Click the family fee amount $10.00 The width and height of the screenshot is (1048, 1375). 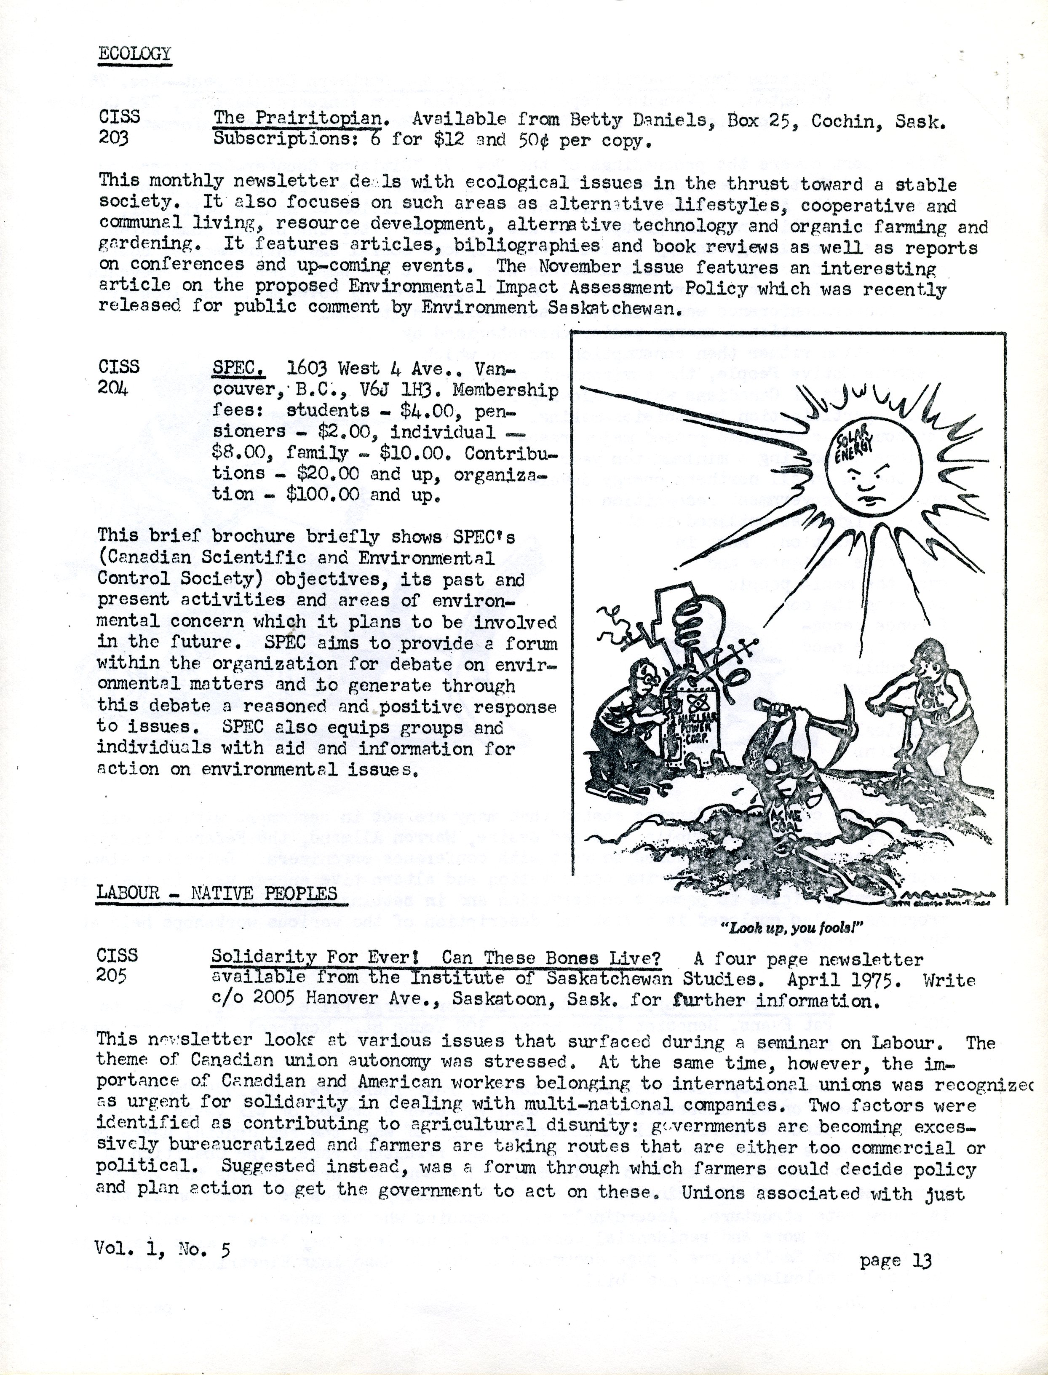[x=409, y=452]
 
